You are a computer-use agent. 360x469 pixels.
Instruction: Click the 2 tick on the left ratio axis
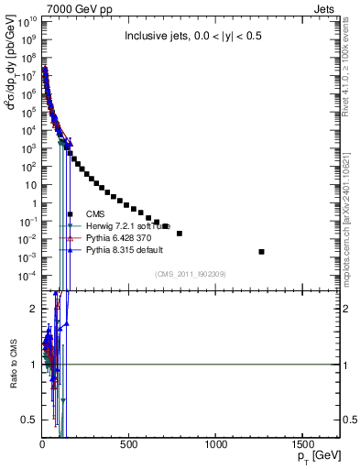click(33, 309)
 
